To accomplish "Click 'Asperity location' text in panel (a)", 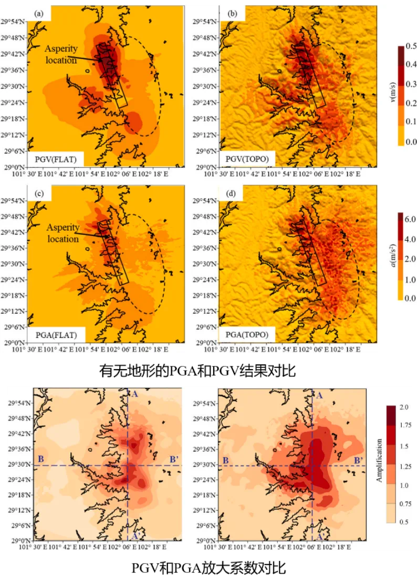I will point(61,55).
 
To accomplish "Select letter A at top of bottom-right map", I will point(318,395).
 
